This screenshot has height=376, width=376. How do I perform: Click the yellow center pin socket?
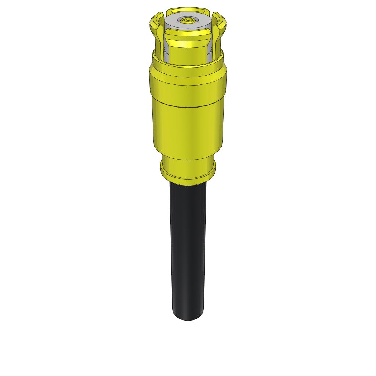point(188,20)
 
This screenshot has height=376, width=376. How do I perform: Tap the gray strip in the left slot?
point(166,51)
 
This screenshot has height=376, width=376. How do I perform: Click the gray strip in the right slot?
point(209,51)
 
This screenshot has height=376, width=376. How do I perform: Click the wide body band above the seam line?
point(188,92)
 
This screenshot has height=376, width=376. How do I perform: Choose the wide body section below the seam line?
point(188,129)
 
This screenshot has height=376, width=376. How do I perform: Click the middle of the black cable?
point(188,250)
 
